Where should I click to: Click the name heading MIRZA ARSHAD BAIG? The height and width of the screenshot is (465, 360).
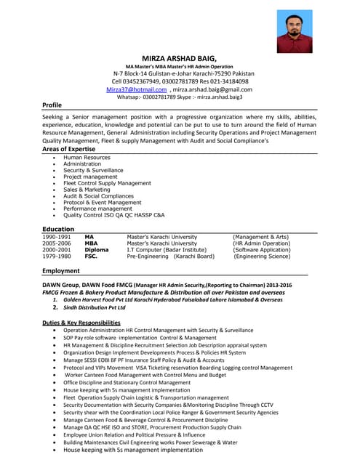pyautogui.click(x=180, y=58)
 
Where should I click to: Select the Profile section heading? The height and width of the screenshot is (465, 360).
pyautogui.click(x=52, y=105)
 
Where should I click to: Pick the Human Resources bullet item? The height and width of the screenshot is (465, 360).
pyautogui.click(x=87, y=157)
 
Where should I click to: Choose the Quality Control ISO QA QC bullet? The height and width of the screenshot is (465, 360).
pyautogui.click(x=113, y=216)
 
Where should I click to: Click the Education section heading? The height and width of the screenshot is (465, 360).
pyautogui.click(x=58, y=229)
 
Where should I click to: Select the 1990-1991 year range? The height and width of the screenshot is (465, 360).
pyautogui.click(x=57, y=237)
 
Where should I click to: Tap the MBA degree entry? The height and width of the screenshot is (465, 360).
pyautogui.click(x=91, y=243)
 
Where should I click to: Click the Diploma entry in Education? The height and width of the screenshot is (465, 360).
pyautogui.click(x=96, y=250)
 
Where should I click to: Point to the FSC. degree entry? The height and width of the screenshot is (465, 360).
pyautogui.click(x=91, y=256)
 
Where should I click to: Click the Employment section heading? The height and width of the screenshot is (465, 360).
pyautogui.click(x=61, y=271)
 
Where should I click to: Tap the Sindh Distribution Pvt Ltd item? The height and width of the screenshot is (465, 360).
pyautogui.click(x=99, y=307)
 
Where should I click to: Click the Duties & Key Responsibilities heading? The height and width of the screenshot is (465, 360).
pyautogui.click(x=81, y=322)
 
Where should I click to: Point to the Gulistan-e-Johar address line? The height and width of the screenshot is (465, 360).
pyautogui.click(x=183, y=74)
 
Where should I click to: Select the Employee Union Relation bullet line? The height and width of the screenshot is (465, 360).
pyautogui.click(x=144, y=434)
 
